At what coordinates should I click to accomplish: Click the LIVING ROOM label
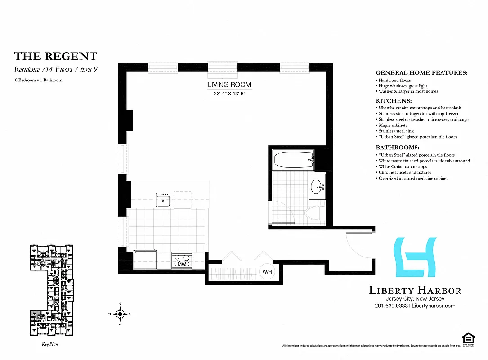229,85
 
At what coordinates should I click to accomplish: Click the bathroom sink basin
318,185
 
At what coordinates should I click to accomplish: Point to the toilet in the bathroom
315,214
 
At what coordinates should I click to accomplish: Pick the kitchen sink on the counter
163,199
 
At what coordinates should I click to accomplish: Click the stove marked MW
182,261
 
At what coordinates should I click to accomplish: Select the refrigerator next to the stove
145,260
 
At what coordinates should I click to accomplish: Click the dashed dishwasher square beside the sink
183,200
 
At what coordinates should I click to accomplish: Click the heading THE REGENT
55,56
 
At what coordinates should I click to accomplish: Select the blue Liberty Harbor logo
414,257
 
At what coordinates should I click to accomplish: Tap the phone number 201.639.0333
391,306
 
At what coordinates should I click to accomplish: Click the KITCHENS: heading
394,101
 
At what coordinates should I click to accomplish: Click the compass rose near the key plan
120,314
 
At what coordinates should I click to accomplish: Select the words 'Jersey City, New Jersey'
415,299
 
